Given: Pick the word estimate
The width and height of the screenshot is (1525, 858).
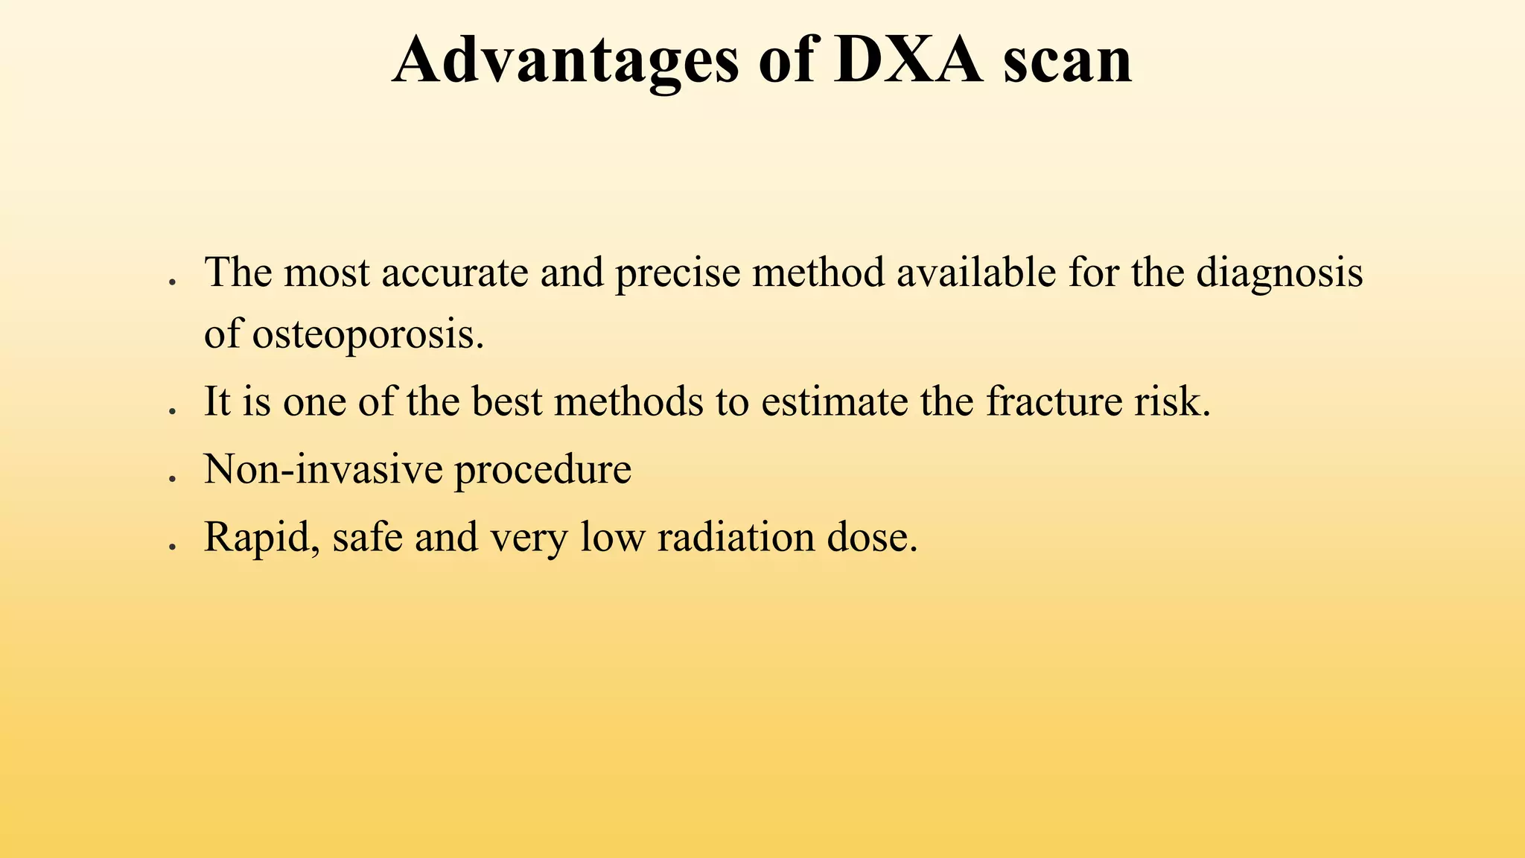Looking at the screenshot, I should (x=834, y=402).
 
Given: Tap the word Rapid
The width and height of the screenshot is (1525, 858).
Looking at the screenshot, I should (x=261, y=538).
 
